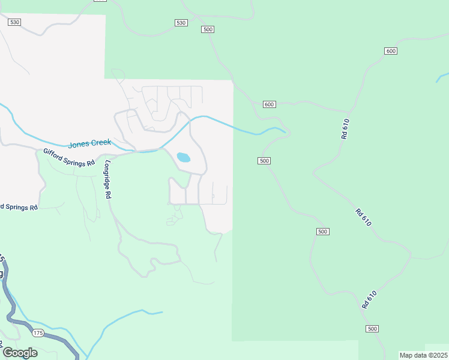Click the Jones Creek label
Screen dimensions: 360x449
(89, 144)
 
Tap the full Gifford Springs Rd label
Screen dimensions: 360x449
(69, 158)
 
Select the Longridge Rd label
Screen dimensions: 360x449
(108, 179)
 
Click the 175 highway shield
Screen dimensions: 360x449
(38, 333)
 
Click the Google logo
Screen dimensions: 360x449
(20, 352)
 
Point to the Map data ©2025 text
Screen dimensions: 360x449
(423, 355)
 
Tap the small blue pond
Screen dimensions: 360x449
(183, 158)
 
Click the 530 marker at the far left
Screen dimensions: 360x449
(14, 22)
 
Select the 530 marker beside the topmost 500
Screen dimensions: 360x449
(181, 23)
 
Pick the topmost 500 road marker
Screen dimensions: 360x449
(208, 29)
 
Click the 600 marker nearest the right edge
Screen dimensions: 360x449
(391, 51)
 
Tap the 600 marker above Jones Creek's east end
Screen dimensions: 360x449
(269, 104)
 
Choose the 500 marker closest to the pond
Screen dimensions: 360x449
(264, 161)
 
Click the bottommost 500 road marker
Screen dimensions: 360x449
(372, 328)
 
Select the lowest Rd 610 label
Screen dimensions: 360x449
(369, 299)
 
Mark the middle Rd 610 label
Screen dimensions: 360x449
(363, 217)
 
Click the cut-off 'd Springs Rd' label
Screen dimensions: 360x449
(19, 207)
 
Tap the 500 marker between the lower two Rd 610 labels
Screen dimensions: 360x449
(322, 232)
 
